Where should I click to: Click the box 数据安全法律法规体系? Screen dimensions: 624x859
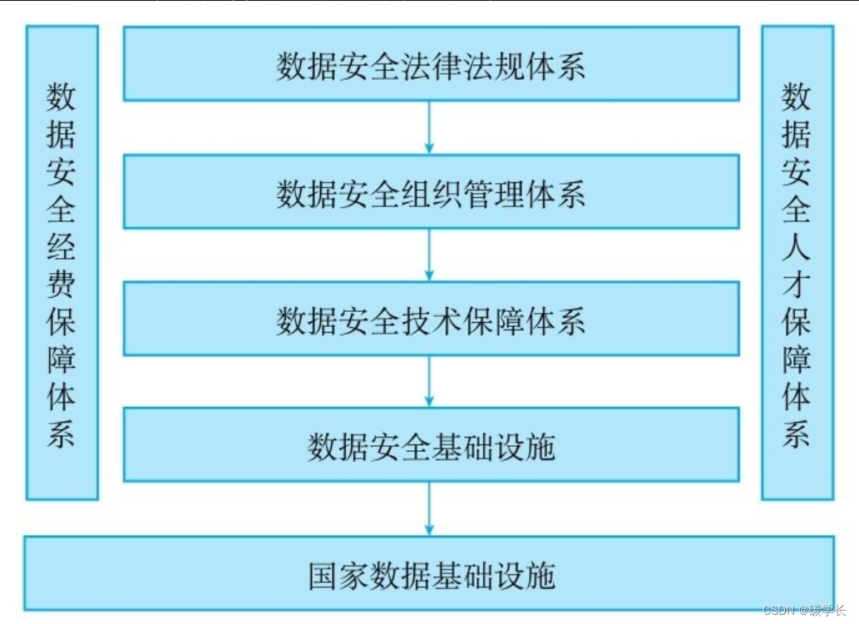[x=431, y=64]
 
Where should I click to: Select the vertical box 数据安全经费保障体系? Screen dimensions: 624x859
[x=62, y=263]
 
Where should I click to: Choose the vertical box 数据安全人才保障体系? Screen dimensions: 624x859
[x=796, y=263]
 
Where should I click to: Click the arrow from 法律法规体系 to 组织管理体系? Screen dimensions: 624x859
[x=429, y=127]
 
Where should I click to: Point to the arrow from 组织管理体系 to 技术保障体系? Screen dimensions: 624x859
[x=429, y=255]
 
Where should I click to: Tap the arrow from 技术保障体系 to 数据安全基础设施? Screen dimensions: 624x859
[x=429, y=381]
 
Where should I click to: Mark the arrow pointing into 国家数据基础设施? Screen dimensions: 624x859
[x=429, y=508]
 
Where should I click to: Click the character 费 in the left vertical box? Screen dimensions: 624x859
[x=62, y=285]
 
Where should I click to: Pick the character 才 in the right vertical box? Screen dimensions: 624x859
[x=796, y=285]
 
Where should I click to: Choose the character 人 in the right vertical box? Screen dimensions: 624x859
[x=796, y=247]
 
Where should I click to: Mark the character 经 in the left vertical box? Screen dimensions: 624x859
[x=62, y=247]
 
